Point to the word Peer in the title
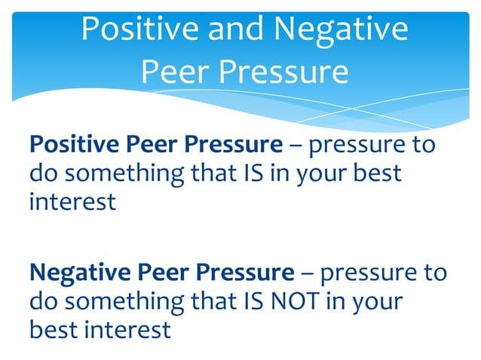click(172, 72)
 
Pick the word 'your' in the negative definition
click(376, 301)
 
